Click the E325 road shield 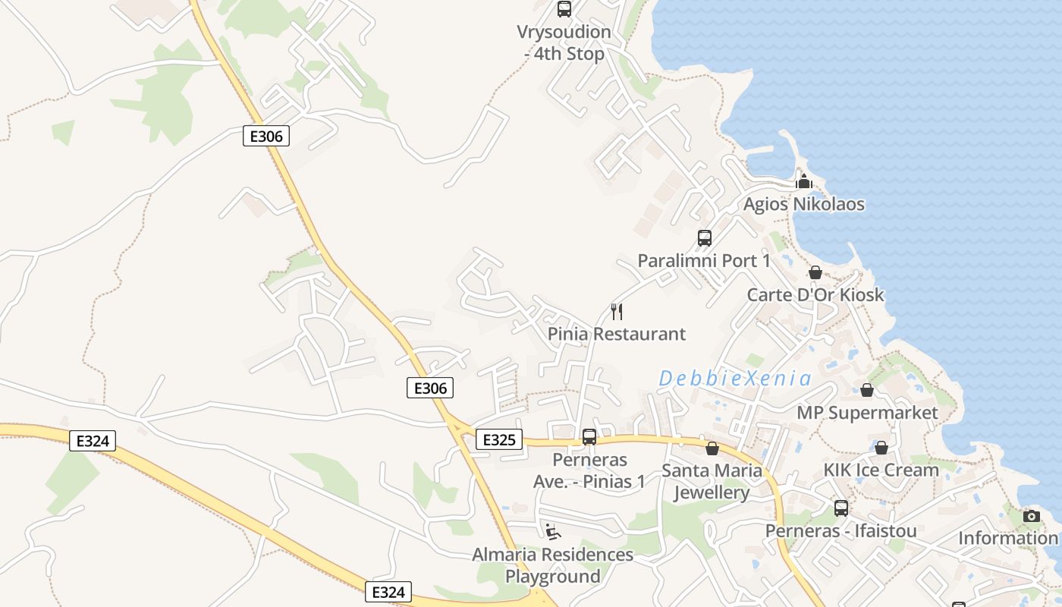point(499,439)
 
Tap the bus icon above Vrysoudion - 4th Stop point(564,9)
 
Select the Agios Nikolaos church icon point(804,181)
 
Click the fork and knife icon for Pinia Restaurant point(617,311)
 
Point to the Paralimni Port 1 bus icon point(705,238)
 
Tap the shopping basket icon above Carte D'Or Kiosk point(815,272)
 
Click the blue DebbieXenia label point(735,378)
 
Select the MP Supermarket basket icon point(867,390)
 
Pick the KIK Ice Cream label point(881,470)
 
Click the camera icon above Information point(1032,516)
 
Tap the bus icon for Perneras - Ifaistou point(841,508)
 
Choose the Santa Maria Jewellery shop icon point(712,448)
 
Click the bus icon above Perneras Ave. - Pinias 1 point(589,437)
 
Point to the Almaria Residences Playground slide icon point(553,531)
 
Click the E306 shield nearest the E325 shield point(430,388)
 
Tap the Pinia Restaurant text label point(617,334)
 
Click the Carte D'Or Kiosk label point(815,295)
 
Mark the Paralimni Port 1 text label point(704,261)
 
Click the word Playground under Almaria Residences point(553,577)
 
